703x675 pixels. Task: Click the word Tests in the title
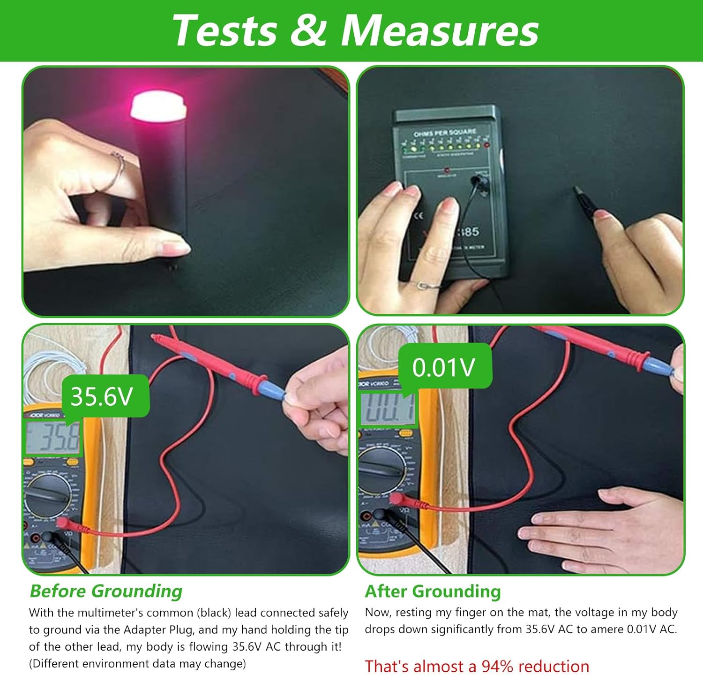225,30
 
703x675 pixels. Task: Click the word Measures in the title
440,30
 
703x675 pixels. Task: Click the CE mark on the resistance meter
419,216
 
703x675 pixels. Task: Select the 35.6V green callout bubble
104,396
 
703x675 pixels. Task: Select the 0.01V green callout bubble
444,367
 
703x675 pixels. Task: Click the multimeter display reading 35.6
52,438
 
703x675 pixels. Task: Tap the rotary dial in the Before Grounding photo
47,495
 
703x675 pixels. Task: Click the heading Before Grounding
106,591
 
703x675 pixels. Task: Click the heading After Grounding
433,591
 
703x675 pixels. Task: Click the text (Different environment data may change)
137,663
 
